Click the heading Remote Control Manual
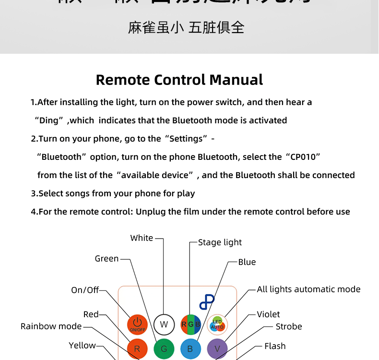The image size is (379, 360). (179, 80)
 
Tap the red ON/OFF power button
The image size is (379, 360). (137, 324)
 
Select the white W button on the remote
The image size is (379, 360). (164, 324)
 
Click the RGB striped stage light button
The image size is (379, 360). (190, 324)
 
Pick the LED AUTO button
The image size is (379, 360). (217, 324)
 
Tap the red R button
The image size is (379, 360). (137, 349)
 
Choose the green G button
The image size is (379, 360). (164, 349)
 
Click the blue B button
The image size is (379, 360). (190, 349)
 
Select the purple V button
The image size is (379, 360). (217, 349)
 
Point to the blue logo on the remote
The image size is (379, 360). (207, 301)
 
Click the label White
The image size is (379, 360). (142, 238)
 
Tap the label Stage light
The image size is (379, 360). (220, 242)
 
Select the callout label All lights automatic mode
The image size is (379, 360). (308, 289)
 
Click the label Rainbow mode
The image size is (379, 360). (51, 326)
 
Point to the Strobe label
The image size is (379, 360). (289, 326)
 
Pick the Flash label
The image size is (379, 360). (275, 346)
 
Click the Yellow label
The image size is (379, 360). (82, 346)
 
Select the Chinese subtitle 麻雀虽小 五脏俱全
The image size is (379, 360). (186, 27)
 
